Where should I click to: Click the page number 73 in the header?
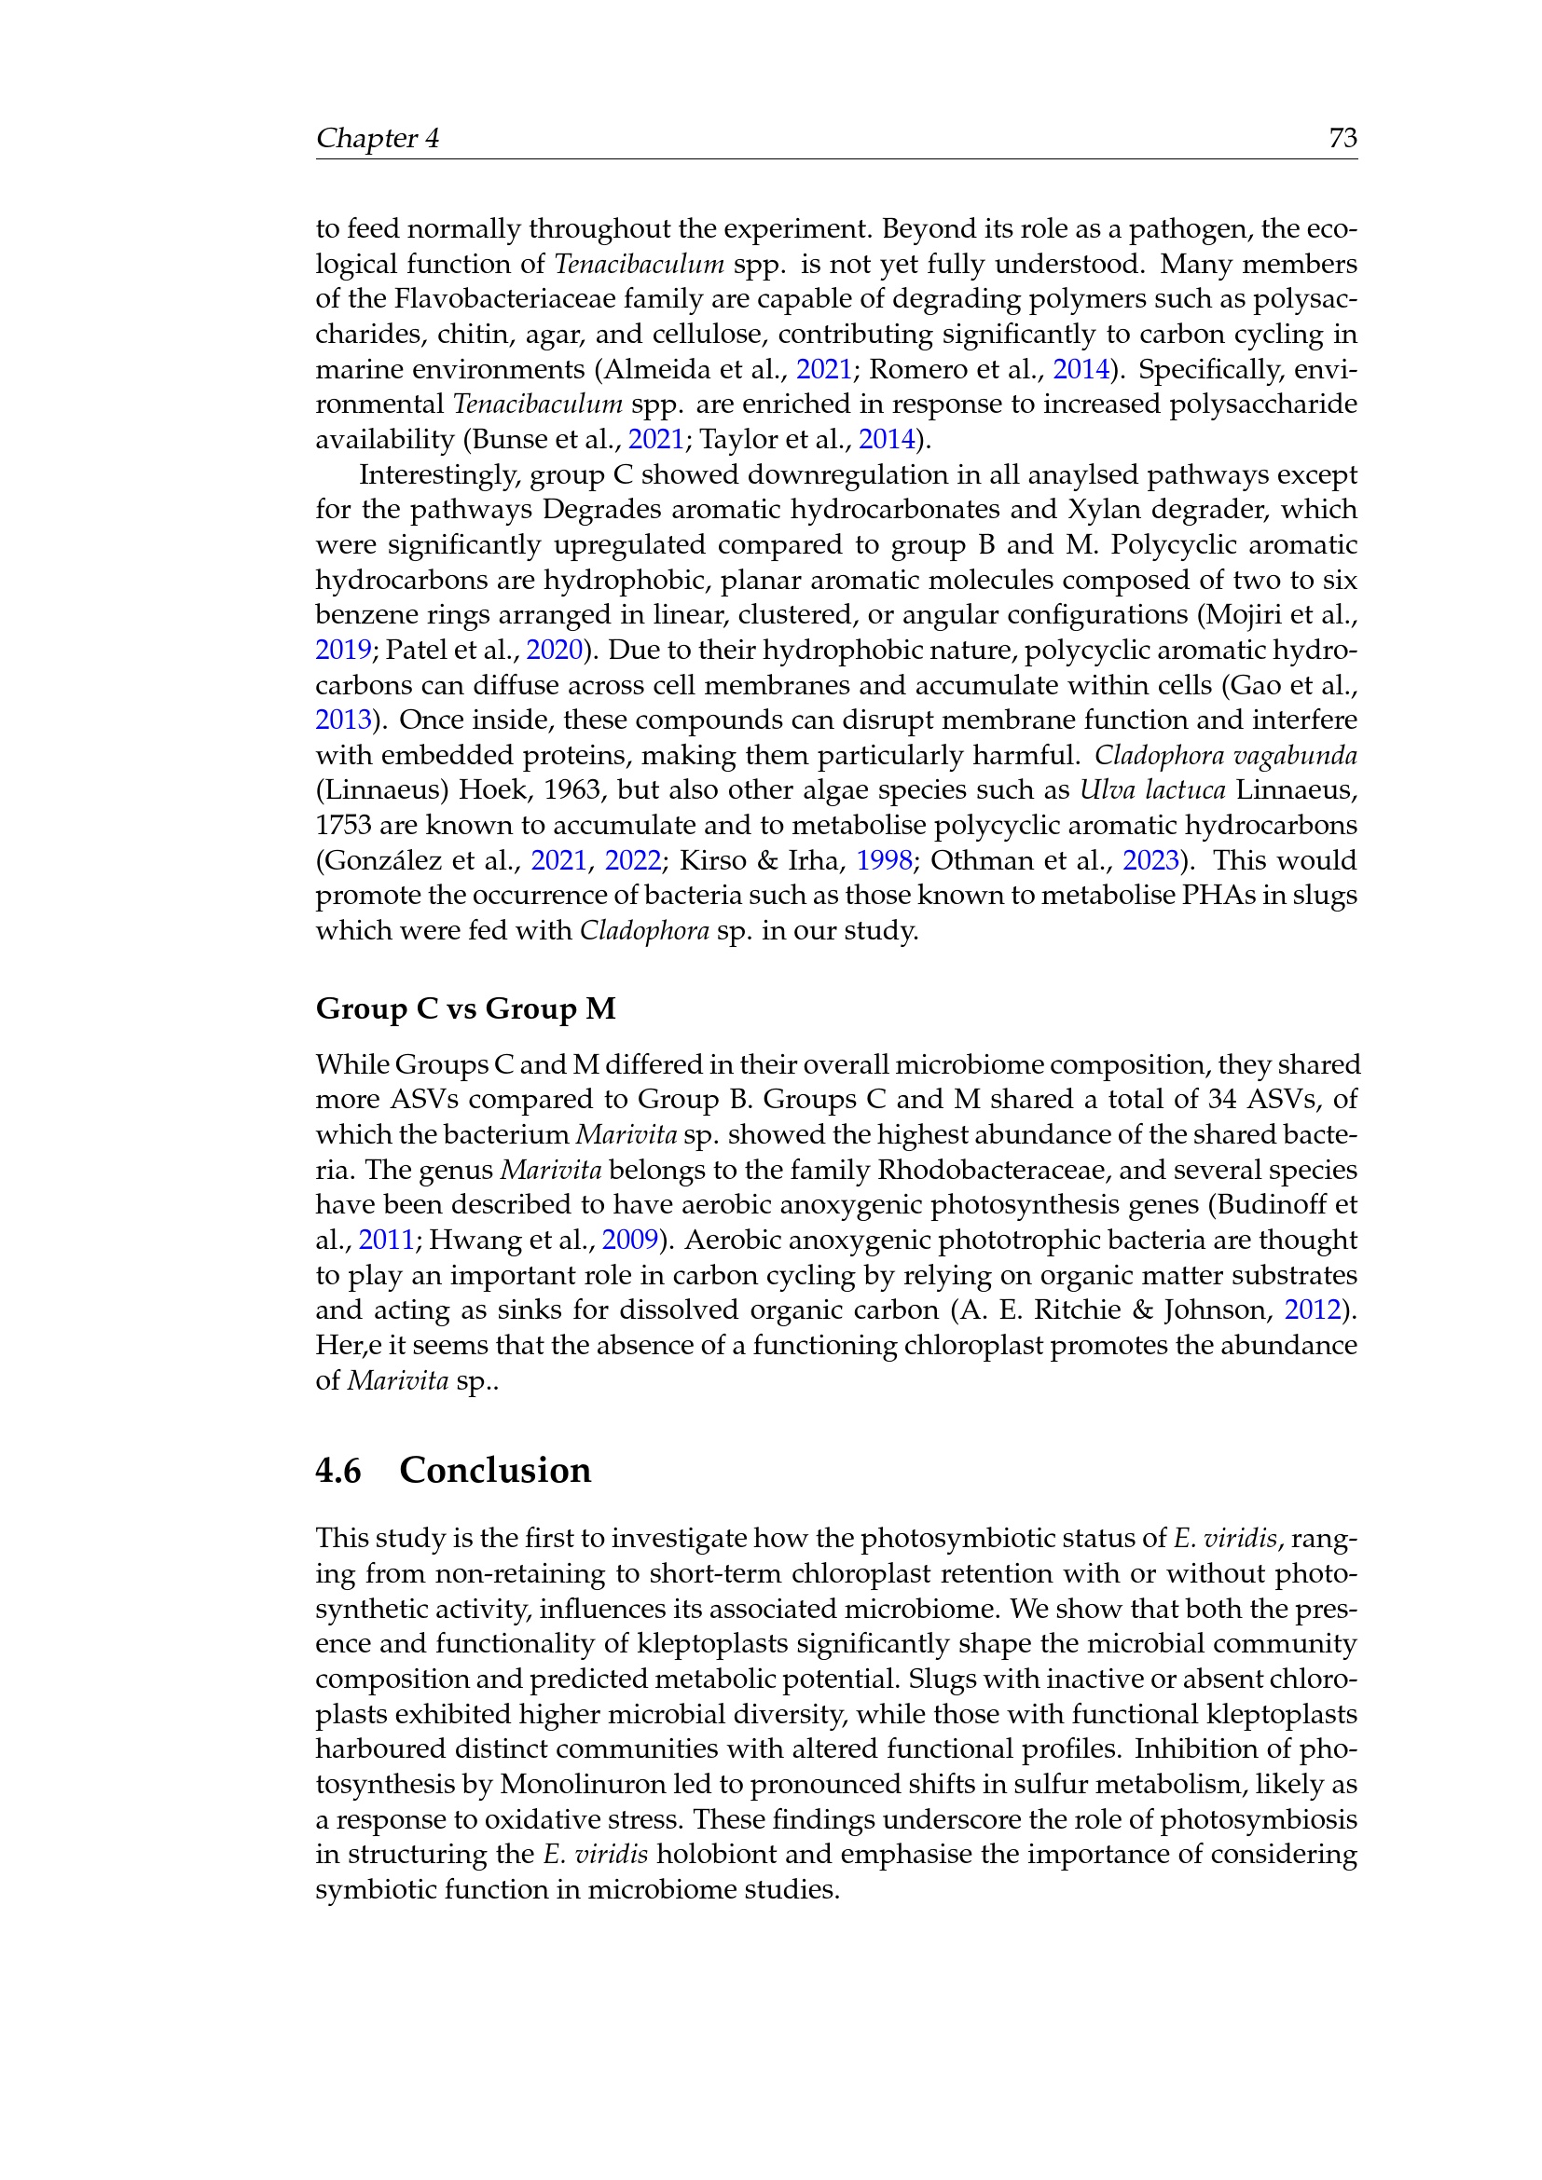point(1342,139)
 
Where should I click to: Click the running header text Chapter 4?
point(377,139)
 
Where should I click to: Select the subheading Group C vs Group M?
point(465,1008)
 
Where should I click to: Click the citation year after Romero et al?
point(1081,369)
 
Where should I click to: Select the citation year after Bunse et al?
point(656,440)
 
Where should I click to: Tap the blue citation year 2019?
point(343,651)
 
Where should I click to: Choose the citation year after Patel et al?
point(554,651)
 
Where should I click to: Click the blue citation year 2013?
point(343,720)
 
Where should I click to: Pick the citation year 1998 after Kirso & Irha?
point(884,861)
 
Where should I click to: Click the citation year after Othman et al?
point(1150,861)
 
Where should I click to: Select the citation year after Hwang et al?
point(629,1241)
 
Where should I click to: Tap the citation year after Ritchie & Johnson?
point(1313,1311)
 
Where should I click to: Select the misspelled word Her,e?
point(343,1347)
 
